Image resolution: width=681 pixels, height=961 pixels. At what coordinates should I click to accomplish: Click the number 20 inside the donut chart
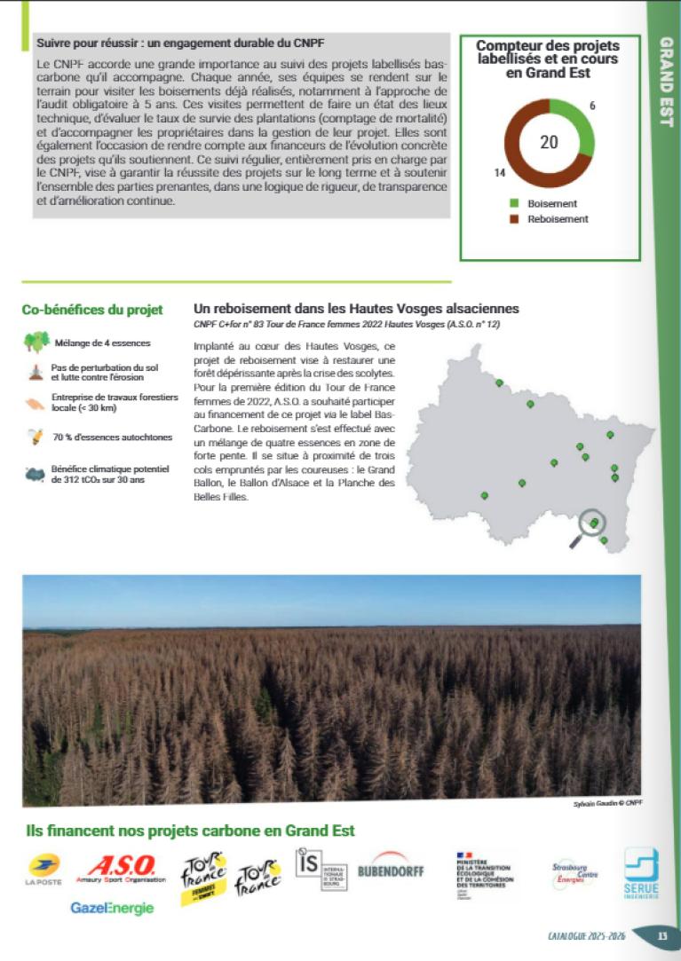(549, 142)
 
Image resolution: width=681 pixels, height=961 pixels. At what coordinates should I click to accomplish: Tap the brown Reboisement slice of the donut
(519, 160)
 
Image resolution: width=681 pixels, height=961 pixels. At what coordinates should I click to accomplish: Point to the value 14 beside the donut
(500, 172)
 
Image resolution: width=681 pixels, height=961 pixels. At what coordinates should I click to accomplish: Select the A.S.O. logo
(126, 868)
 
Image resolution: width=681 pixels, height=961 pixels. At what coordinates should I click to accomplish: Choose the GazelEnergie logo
(113, 908)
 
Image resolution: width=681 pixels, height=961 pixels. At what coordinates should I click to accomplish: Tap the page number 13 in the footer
(661, 935)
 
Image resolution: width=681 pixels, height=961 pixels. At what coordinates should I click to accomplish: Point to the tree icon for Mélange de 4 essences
(36, 343)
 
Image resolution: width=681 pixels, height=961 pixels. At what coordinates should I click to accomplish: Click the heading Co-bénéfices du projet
(92, 310)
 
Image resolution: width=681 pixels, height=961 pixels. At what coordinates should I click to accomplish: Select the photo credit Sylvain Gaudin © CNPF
(607, 803)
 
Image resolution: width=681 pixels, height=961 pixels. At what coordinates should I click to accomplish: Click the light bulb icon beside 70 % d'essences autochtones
(36, 436)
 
